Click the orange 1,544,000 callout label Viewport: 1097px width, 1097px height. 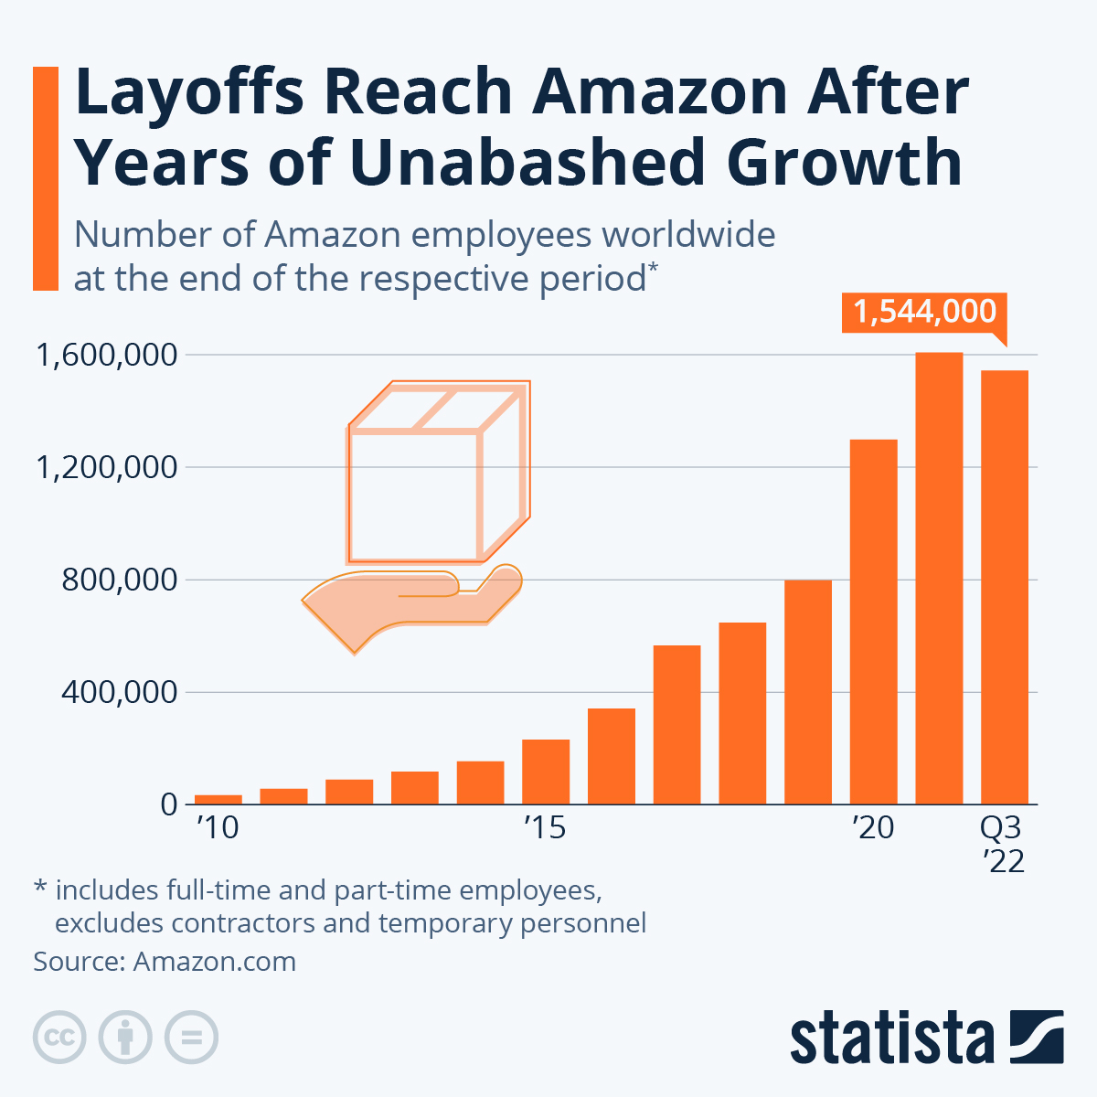pos(924,312)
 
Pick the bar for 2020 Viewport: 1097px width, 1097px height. pos(873,622)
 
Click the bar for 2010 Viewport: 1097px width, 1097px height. pos(218,799)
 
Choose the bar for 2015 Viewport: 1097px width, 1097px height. pos(546,772)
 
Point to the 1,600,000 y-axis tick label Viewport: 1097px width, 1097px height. pos(105,355)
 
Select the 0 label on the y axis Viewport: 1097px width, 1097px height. pos(168,804)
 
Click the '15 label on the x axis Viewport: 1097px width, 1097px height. pos(545,828)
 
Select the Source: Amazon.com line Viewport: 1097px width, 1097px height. pos(165,962)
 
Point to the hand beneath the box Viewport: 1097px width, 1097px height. pos(411,603)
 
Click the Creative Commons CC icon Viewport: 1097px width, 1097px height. pos(59,1038)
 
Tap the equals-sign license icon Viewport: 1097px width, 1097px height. pos(191,1038)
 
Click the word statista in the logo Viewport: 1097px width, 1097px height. pos(891,1038)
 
